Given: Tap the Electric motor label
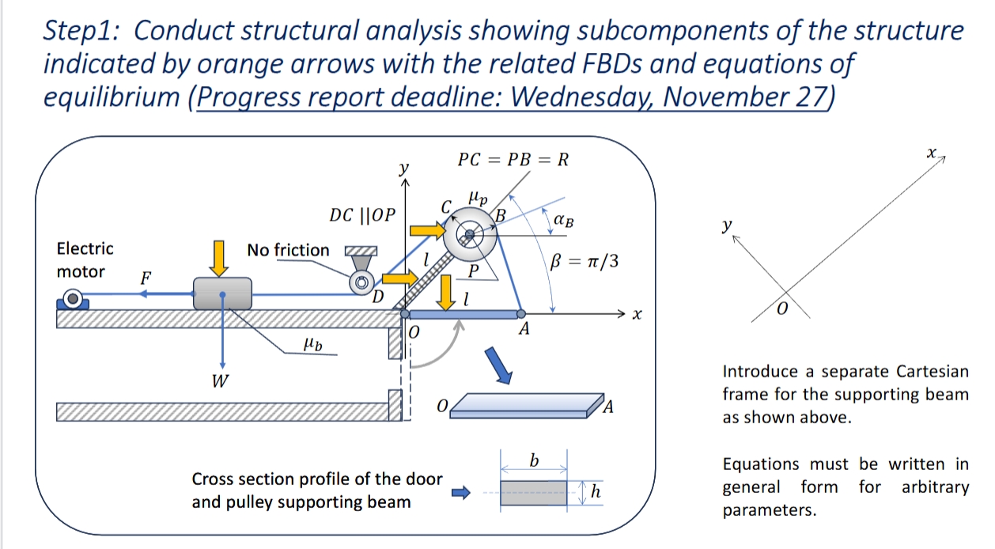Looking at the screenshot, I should (x=85, y=260).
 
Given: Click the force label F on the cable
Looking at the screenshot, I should (x=145, y=278).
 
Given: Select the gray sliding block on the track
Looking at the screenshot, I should (x=222, y=293).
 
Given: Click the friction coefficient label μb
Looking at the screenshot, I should (x=312, y=343).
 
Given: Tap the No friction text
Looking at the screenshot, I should (x=288, y=250).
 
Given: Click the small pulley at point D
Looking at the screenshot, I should (x=361, y=282).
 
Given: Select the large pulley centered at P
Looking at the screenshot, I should (x=470, y=234).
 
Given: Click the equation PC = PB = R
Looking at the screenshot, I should (x=513, y=159).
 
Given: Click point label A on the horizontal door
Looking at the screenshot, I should (x=523, y=330).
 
